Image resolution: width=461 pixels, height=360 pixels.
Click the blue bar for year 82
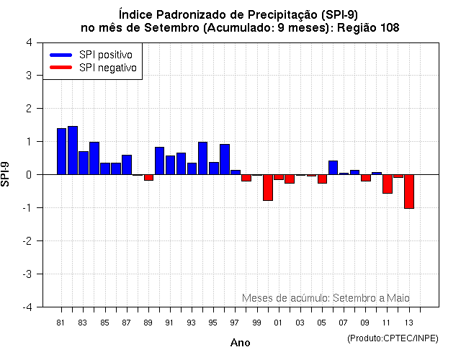coord(73,150)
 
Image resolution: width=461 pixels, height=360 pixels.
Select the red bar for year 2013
coord(409,192)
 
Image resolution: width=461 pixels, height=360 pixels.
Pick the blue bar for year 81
coord(62,151)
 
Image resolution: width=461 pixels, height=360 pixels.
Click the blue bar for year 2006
coord(333,168)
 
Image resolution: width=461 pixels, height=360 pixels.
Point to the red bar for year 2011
coord(388,184)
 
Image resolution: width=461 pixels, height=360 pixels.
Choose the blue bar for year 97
coord(236,172)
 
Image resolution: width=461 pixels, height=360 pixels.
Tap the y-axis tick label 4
coord(28,42)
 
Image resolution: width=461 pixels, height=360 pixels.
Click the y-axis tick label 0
coord(28,174)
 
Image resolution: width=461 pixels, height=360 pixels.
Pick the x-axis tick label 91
coord(169,322)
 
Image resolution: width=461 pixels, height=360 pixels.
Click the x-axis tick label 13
coord(409,322)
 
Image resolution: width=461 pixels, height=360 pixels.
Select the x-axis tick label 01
coord(278,322)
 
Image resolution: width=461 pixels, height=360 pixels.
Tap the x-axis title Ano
coord(241,343)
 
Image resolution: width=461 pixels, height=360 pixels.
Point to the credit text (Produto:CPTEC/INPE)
coord(393,338)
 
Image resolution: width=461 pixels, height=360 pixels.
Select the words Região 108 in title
coord(368,27)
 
